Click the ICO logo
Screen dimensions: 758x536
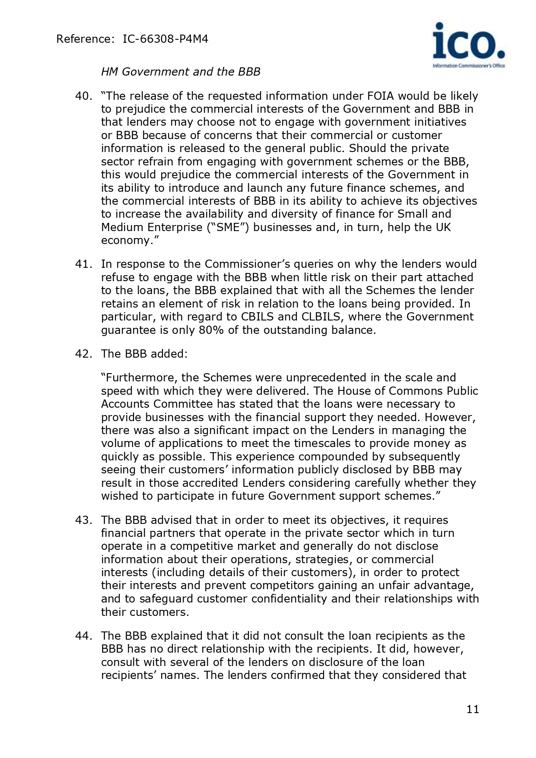click(469, 45)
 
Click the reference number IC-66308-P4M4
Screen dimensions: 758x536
click(165, 39)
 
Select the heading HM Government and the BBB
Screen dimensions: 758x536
click(181, 72)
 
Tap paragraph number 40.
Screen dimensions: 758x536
click(83, 96)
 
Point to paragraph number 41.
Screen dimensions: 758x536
click(83, 264)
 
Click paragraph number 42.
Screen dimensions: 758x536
click(83, 354)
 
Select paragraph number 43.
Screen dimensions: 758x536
click(83, 520)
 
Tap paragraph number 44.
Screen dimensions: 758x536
click(83, 636)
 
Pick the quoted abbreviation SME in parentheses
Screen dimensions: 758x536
click(228, 227)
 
